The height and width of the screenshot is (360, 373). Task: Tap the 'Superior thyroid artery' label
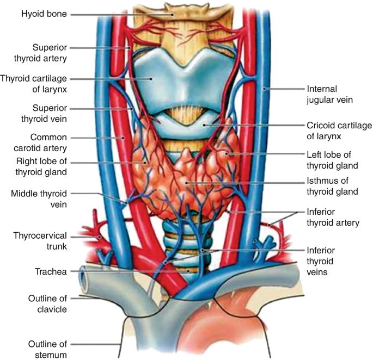pos(48,53)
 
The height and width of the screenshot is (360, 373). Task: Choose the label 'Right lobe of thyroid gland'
pos(41,167)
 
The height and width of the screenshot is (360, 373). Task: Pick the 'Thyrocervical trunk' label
pos(41,240)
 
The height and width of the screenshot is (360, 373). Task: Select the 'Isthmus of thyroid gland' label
pos(339,185)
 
